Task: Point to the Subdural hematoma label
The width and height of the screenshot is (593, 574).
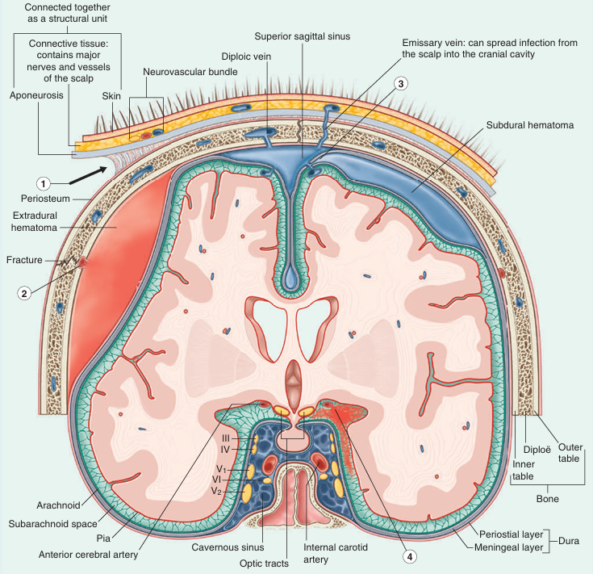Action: point(530,126)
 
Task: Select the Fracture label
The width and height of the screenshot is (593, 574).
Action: point(23,260)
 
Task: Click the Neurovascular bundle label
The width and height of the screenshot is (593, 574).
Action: point(190,72)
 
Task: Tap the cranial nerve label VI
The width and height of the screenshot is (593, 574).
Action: point(228,479)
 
